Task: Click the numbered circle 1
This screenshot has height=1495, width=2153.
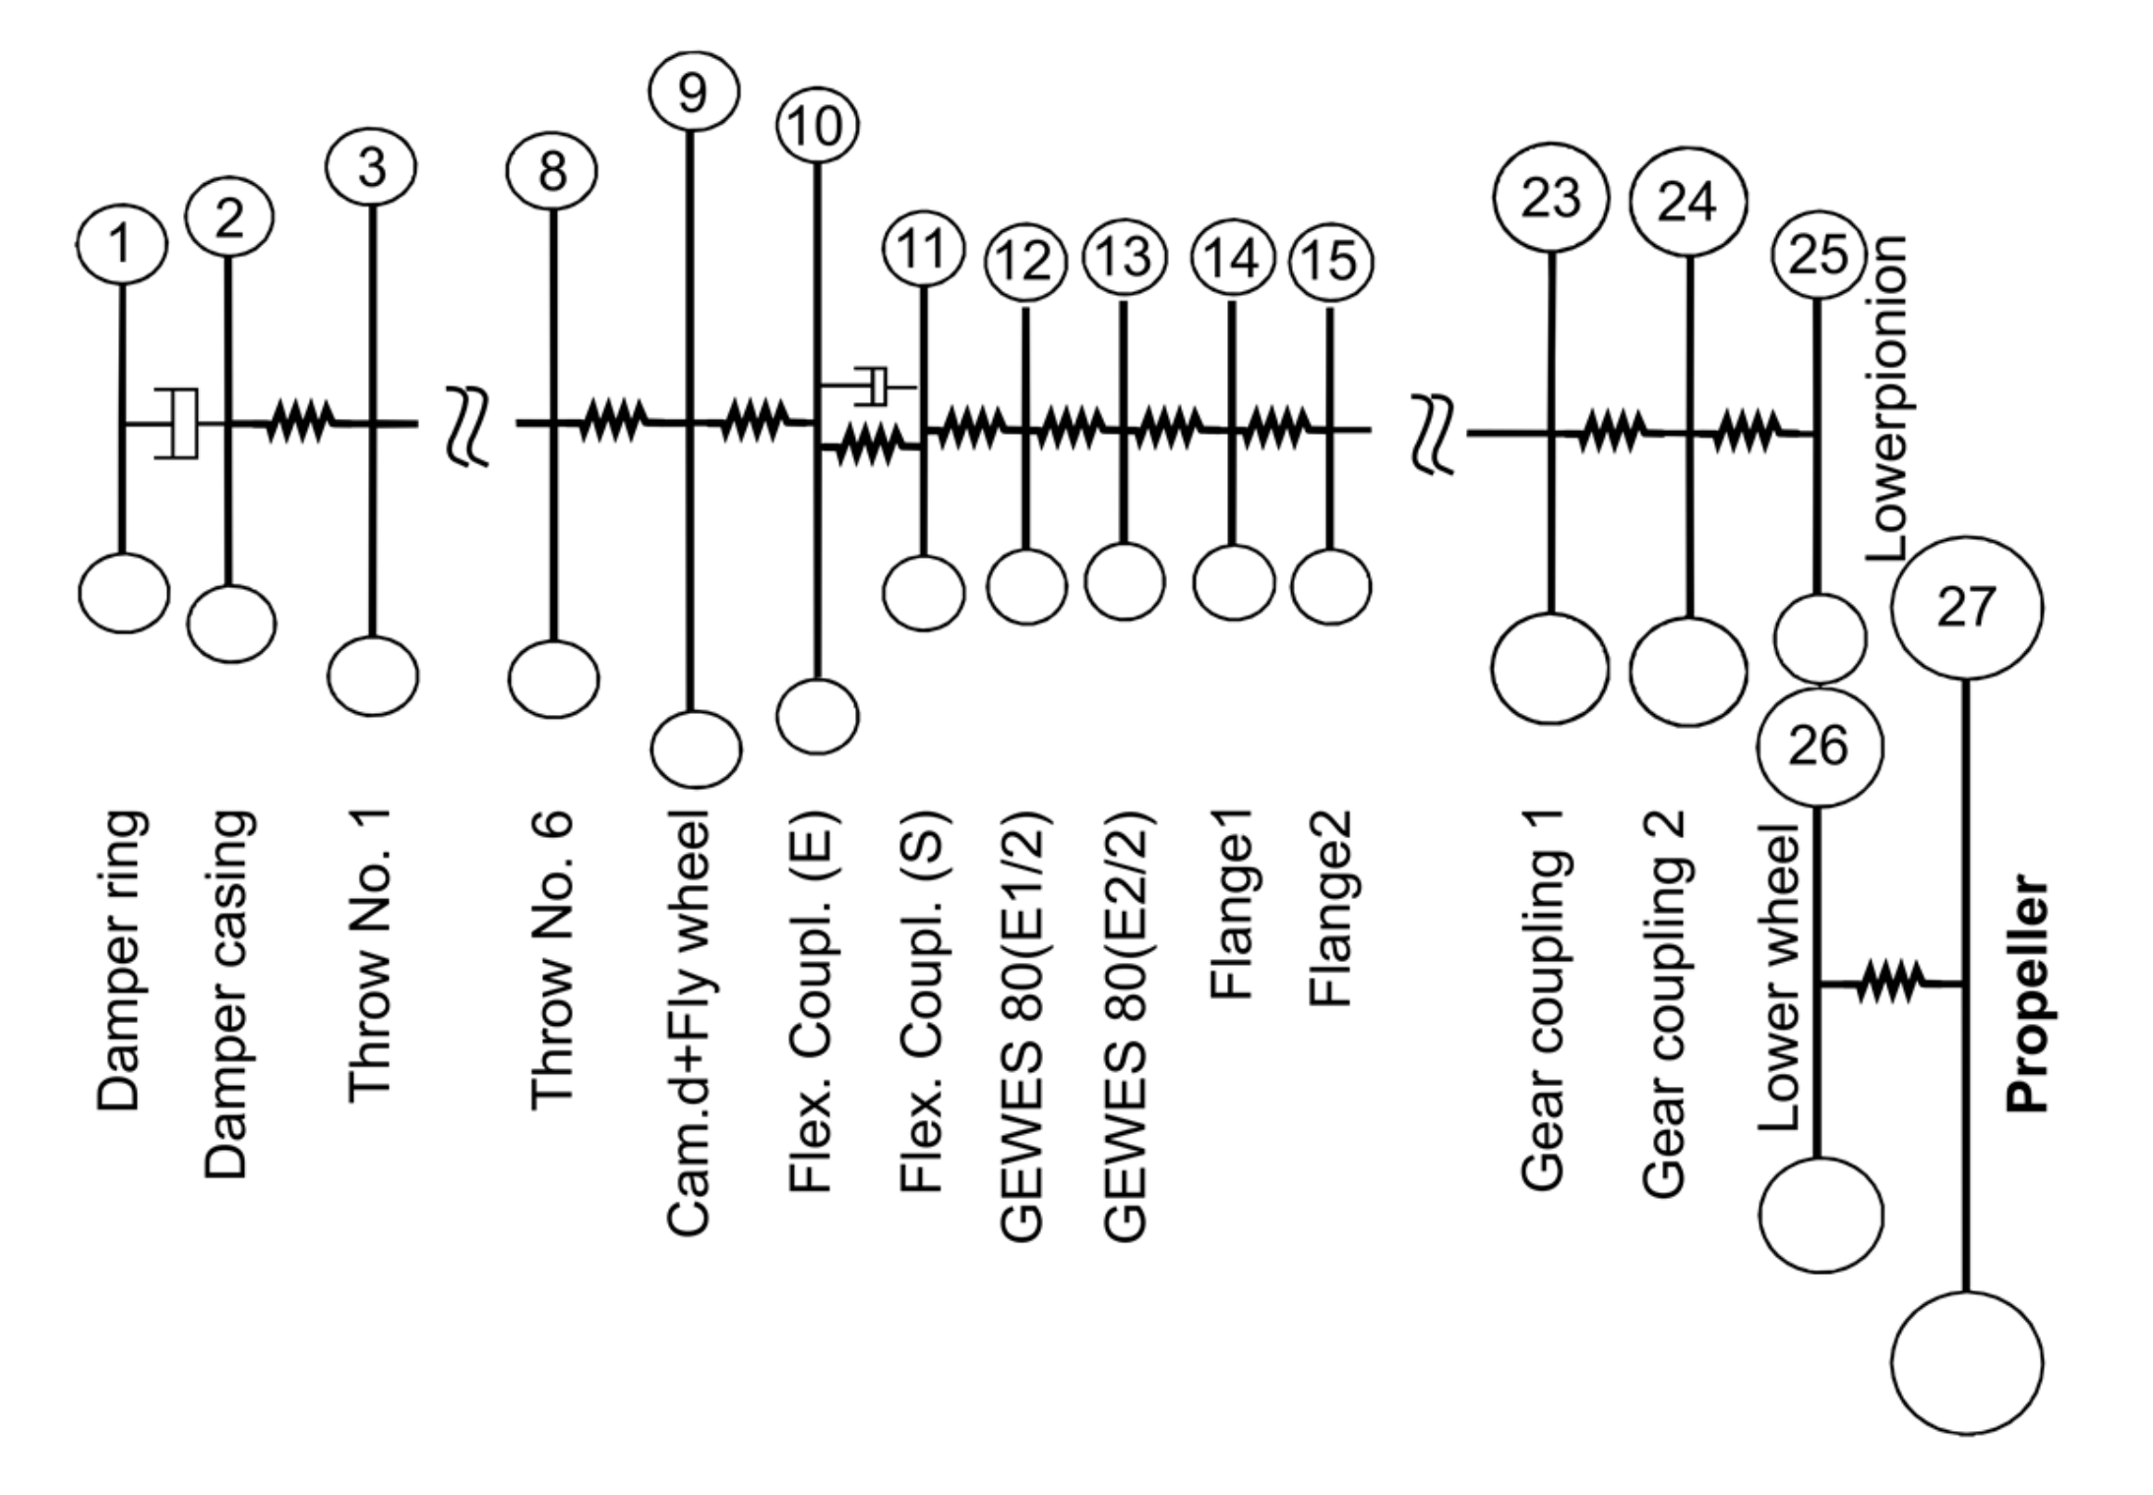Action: pos(120,244)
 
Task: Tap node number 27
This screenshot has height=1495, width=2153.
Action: pos(1966,607)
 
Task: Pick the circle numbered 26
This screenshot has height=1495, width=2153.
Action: pos(1818,746)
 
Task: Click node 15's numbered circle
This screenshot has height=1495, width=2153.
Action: pos(1330,261)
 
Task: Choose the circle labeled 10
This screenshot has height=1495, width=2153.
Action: pos(817,126)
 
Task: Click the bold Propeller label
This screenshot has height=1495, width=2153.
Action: pos(2027,993)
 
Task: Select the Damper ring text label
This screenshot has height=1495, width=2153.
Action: pos(122,960)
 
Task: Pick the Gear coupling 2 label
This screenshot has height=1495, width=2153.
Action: pos(1664,1003)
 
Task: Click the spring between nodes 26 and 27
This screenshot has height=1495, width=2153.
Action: pos(1889,983)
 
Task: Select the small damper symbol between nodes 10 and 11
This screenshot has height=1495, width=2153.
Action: pos(872,386)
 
